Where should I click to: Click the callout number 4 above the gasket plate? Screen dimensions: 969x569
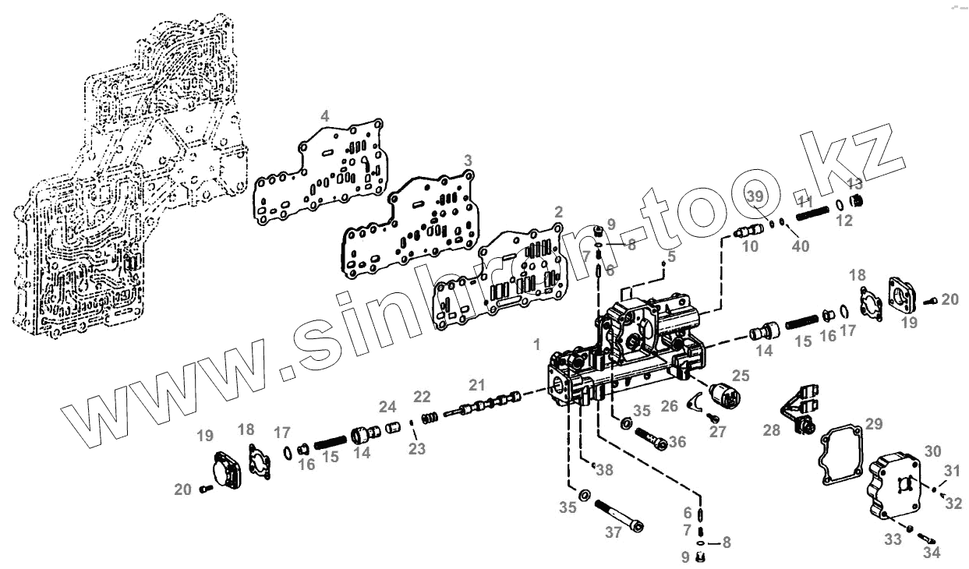click(x=325, y=115)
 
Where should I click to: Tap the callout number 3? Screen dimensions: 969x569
click(x=468, y=160)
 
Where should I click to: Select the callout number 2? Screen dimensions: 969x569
click(x=558, y=212)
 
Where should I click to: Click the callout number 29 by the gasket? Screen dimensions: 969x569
click(x=874, y=424)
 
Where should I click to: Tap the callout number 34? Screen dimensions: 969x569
click(x=932, y=553)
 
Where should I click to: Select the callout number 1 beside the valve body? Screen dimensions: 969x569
click(x=536, y=343)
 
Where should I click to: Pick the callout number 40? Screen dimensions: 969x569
click(x=801, y=246)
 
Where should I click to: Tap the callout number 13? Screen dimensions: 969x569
click(x=855, y=184)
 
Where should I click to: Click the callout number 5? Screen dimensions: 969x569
click(x=671, y=255)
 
